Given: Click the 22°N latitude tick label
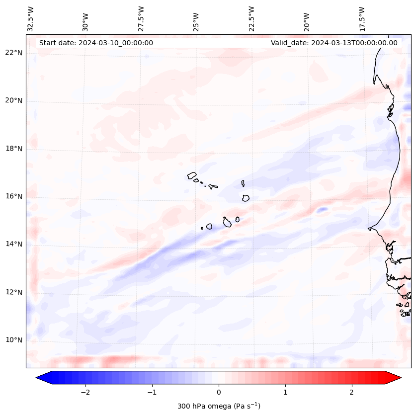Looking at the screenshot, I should coord(14,53).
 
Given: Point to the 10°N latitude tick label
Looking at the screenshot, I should coord(14,340).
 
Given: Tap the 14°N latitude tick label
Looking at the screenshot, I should coord(14,244).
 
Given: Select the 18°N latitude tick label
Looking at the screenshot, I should coord(14,149).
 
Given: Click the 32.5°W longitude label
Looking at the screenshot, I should coord(31,19).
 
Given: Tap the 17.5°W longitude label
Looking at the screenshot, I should coord(362,19).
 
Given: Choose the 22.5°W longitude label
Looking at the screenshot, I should coord(252,19).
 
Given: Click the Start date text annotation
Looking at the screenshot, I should coord(96,43).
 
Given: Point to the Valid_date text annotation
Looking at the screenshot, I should coord(334,43).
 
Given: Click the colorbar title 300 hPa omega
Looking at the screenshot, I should coord(219,406).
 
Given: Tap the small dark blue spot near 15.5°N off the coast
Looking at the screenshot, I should coord(322,210).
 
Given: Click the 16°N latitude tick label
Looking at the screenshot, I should coord(14,196).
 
